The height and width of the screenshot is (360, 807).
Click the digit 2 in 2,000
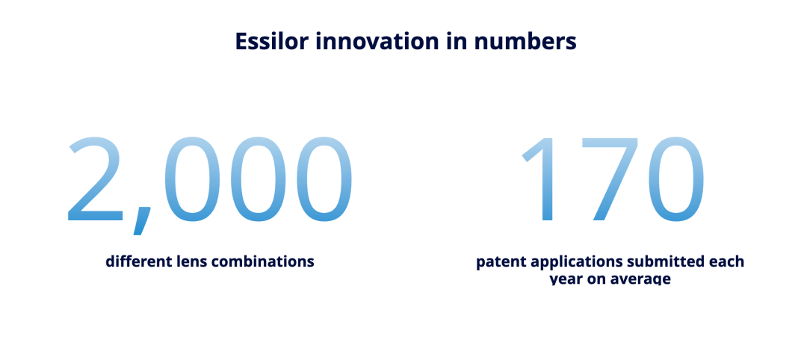click(96, 179)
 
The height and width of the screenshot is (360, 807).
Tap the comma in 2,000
click(142, 220)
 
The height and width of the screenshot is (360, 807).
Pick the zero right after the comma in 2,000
click(192, 179)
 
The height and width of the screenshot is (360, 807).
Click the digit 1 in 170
click(538, 179)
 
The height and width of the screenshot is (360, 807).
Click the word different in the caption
click(134, 261)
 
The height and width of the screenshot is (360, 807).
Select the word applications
click(563, 261)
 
